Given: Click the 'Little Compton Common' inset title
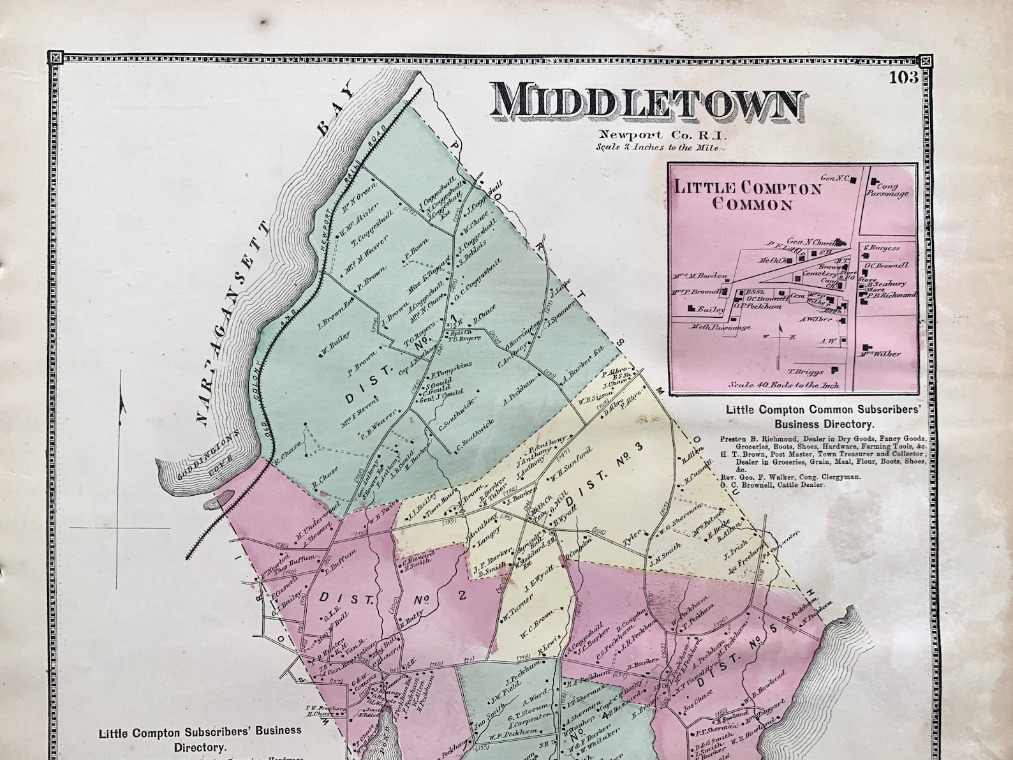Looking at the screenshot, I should tap(748, 196).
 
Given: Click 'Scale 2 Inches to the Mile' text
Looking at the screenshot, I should tap(660, 147).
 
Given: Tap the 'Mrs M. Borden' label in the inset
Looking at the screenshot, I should tap(700, 276).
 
